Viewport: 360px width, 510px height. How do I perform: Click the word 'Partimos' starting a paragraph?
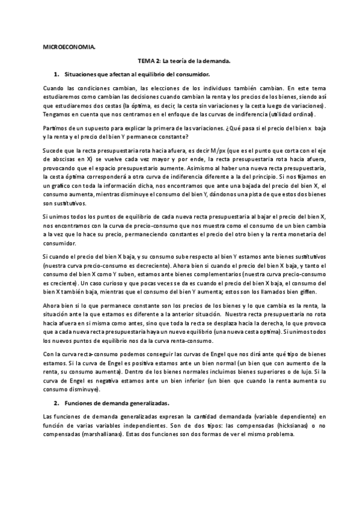click(56, 129)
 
